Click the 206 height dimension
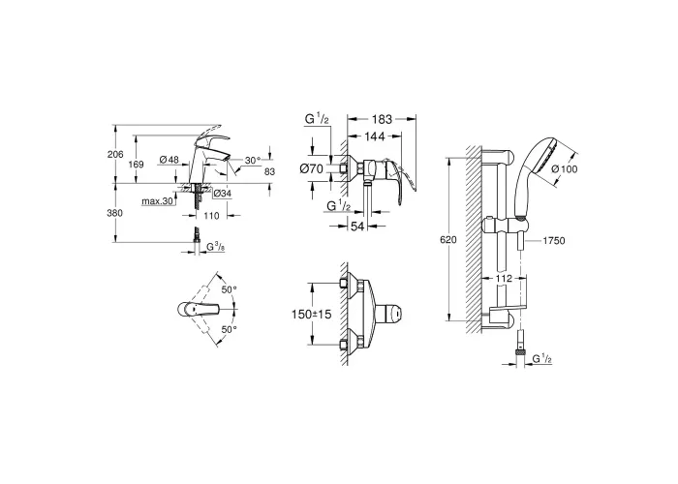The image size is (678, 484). [115, 154]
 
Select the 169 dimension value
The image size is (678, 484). [136, 165]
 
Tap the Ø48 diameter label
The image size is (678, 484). [169, 160]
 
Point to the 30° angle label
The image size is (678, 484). [253, 161]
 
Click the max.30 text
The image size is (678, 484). [157, 201]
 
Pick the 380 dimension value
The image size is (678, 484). [115, 213]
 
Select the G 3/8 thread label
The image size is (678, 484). [215, 247]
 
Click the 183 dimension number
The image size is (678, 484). [382, 119]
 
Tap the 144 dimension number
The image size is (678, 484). [375, 136]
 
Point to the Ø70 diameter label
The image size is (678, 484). [311, 168]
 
